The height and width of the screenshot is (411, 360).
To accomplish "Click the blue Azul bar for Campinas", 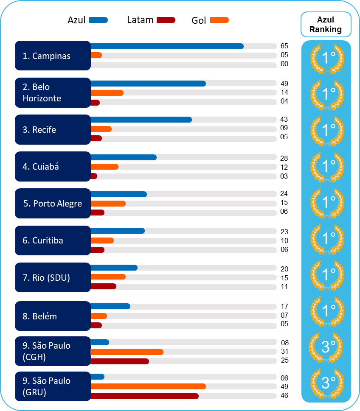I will [166, 46].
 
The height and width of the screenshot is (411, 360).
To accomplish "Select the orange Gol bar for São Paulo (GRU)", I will [148, 386].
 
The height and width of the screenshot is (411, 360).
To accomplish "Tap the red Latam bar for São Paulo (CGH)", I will [119, 361].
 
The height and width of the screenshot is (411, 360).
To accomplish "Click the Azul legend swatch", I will [98, 20].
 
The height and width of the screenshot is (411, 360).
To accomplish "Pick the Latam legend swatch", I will [166, 20].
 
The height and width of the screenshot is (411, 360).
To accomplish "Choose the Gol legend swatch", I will [219, 20].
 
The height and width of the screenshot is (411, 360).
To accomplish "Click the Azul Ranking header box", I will [326, 25].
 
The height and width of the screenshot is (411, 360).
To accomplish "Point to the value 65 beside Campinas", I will [284, 46].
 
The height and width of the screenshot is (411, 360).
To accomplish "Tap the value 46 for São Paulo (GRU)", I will [284, 395].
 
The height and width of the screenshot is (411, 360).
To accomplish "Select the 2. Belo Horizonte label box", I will [53, 92].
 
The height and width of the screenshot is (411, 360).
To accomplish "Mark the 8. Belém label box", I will [53, 316].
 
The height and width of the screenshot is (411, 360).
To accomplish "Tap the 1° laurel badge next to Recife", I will [326, 130].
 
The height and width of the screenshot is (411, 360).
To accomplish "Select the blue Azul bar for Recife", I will [141, 120].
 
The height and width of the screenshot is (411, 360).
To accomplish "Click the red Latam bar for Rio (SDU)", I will [103, 286].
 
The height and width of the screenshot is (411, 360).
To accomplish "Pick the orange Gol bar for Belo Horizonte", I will [107, 92].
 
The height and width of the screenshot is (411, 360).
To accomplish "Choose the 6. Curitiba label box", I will [53, 240].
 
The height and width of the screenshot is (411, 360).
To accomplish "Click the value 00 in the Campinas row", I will [284, 64].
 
